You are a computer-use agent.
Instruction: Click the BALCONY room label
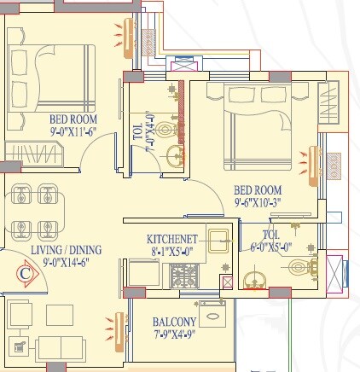tap(174, 322)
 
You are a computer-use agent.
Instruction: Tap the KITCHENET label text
tap(172, 239)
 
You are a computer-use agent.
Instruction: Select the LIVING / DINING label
tap(66, 250)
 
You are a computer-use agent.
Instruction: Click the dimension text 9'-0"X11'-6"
tap(73, 131)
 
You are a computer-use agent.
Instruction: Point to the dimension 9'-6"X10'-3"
tap(258, 203)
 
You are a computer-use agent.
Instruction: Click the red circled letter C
tap(25, 274)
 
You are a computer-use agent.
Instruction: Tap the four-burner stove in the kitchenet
tap(184, 275)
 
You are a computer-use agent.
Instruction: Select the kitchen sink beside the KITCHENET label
tap(218, 241)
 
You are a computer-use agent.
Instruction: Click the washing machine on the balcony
tap(212, 314)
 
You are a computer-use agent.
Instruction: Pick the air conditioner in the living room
tap(119, 332)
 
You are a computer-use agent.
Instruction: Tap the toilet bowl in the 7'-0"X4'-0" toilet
tap(167, 130)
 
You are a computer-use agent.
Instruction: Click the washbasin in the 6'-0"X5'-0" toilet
tap(254, 281)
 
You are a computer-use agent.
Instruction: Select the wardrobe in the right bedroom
tap(329, 102)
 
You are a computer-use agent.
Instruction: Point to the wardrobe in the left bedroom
tap(34, 154)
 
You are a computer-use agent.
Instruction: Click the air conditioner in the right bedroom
tap(314, 166)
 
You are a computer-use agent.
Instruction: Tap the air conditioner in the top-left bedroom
tap(128, 38)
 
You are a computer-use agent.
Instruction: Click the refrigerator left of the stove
tap(144, 273)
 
